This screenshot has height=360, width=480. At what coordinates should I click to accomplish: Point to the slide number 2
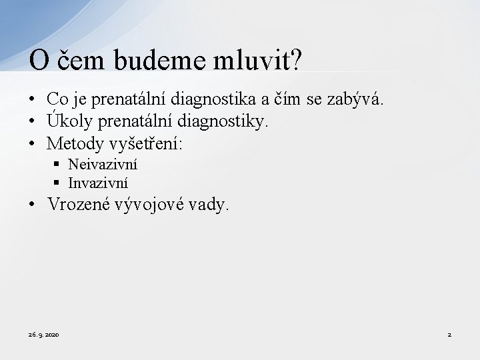tap(449, 334)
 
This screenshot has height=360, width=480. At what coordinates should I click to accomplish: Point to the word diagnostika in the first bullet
tap(216, 99)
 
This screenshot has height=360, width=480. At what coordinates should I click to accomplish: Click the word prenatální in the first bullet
tap(131, 99)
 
